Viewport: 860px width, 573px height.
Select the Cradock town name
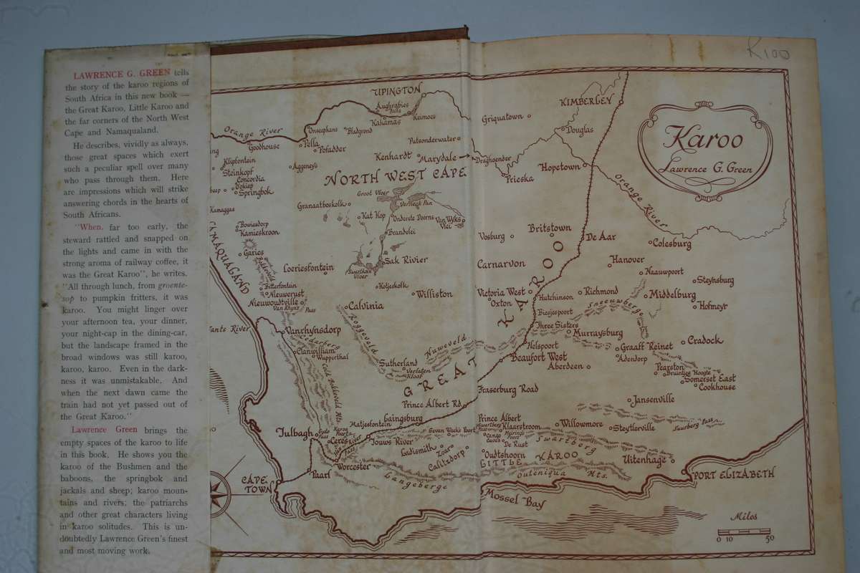(x=705, y=340)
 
